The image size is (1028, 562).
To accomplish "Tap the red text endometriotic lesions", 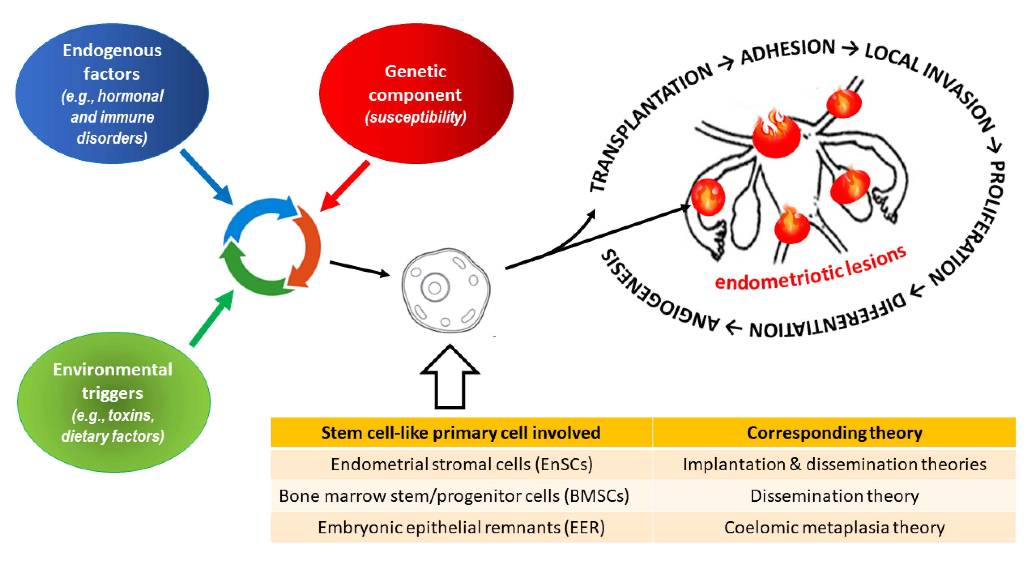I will coord(810,268).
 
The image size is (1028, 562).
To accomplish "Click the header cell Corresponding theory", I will coord(834,432).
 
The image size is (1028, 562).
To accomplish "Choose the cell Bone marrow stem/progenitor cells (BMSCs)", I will coord(454,496).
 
